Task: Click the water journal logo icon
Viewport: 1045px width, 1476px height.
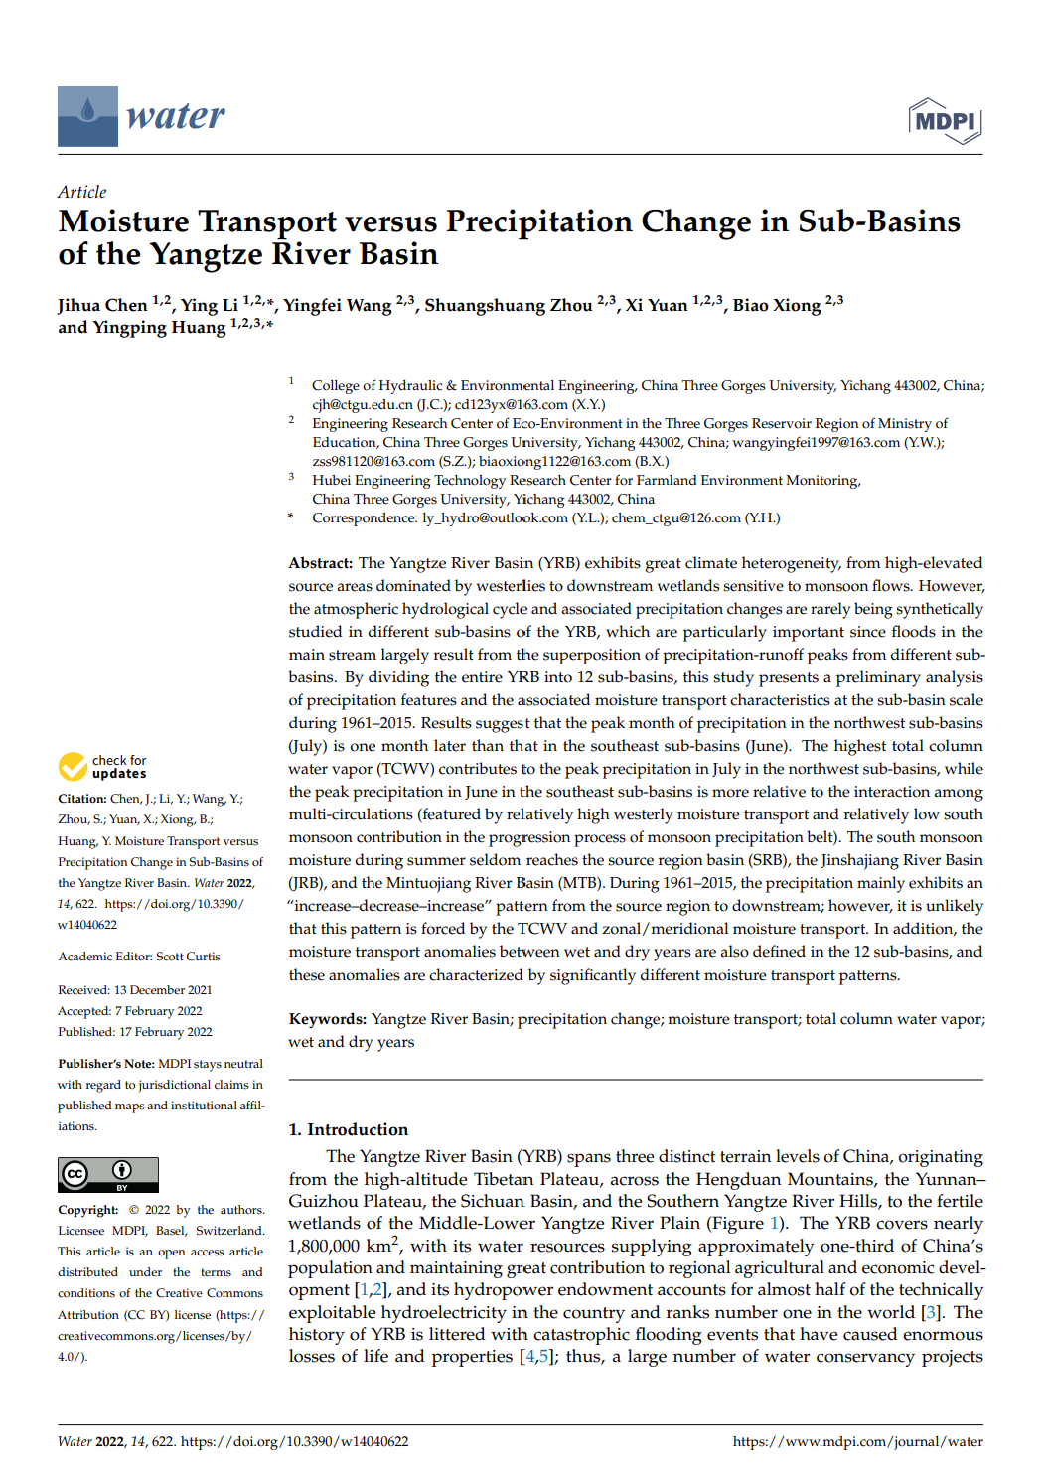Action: (x=87, y=116)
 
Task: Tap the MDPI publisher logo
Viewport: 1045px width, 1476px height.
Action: (x=945, y=121)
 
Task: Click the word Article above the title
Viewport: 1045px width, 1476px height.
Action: (x=81, y=192)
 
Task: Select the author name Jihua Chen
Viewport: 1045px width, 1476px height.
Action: (x=101, y=305)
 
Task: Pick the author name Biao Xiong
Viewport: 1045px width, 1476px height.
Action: (x=776, y=305)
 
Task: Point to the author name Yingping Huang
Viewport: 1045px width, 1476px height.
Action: (x=142, y=327)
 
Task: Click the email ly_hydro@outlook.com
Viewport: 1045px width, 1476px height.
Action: (x=495, y=517)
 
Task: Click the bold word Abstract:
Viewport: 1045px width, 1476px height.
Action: (x=321, y=563)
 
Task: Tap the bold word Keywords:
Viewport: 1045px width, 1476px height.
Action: (x=328, y=1019)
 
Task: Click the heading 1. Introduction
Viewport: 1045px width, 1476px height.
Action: (x=348, y=1129)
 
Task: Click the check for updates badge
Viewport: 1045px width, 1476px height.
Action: (x=102, y=767)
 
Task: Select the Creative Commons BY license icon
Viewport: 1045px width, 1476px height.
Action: (x=108, y=1174)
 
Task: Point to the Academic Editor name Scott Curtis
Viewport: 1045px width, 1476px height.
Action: (x=188, y=957)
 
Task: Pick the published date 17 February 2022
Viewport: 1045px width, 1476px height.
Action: (x=165, y=1032)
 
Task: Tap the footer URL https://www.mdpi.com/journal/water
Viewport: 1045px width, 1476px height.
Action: (x=857, y=1441)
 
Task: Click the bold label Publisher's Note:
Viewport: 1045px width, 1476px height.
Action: (x=106, y=1064)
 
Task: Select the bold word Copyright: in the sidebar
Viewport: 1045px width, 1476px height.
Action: (x=88, y=1210)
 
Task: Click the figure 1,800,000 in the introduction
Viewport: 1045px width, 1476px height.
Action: (x=324, y=1246)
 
